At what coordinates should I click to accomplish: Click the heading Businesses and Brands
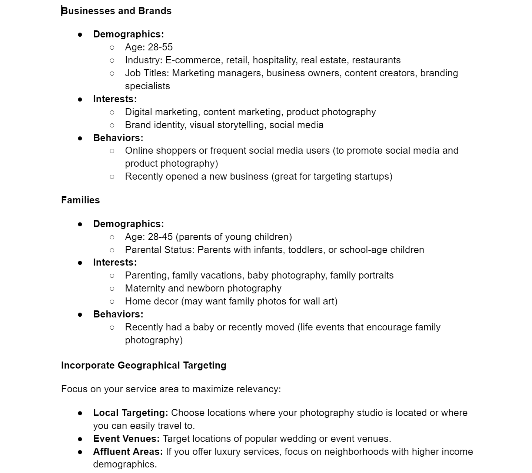point(116,11)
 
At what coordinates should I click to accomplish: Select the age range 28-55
point(160,47)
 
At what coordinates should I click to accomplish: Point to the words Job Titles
point(147,73)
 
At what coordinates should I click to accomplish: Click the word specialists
point(147,86)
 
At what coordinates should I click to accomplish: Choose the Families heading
point(80,200)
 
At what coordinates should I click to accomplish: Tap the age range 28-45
point(160,237)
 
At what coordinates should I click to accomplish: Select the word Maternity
point(145,288)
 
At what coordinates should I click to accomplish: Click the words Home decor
point(152,301)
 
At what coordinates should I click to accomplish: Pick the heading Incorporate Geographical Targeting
point(144,365)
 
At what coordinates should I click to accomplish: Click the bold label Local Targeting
point(130,413)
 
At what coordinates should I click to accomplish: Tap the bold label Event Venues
point(126,439)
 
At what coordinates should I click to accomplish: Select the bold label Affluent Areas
point(128,452)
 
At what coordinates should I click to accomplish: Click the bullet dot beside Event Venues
point(80,439)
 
